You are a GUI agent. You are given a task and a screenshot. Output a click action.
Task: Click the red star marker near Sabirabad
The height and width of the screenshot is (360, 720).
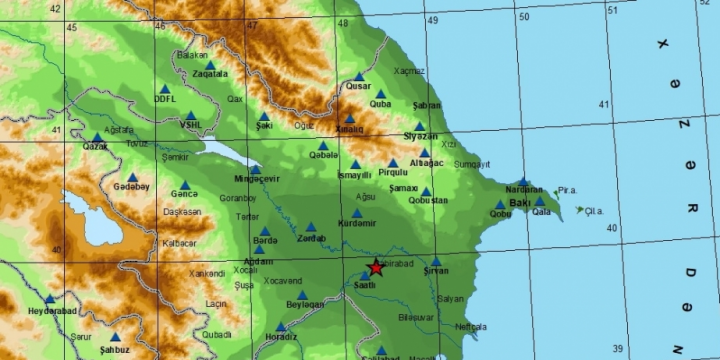tap(376, 267)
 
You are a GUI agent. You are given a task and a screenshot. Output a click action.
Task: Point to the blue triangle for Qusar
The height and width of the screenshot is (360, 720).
tap(358, 76)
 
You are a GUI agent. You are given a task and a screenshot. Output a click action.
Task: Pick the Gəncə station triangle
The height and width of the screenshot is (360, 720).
tap(184, 184)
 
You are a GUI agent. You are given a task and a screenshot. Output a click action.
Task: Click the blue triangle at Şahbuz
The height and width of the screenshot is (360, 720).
tap(114, 337)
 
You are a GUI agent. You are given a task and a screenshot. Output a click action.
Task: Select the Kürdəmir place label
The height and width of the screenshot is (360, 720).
tap(357, 223)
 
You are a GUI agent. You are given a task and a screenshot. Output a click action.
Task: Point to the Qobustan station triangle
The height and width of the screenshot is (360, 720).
tap(426, 191)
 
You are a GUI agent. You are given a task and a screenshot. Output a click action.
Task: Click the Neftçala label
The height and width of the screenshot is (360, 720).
tap(469, 326)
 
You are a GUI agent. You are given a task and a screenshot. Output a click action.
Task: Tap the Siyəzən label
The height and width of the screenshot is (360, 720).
tap(420, 136)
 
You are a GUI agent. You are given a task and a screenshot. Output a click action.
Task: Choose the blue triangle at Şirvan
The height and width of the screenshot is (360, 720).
tap(436, 261)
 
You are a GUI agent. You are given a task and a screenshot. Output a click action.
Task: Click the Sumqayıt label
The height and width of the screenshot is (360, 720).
tap(472, 164)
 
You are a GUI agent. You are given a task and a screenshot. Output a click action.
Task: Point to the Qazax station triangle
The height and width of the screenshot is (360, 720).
tap(97, 137)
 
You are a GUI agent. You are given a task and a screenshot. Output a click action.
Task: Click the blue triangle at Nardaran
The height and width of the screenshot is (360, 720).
tap(523, 181)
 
